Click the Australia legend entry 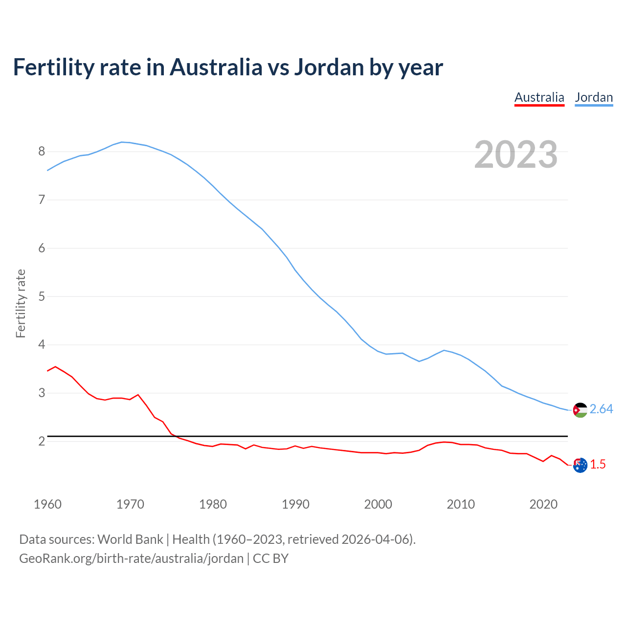[539, 97]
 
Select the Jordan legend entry [594, 97]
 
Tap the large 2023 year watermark [515, 155]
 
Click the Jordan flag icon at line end [580, 410]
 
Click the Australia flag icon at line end [580, 465]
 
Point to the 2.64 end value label [601, 409]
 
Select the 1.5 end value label [598, 464]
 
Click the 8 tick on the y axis [42, 151]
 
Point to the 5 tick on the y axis [42, 296]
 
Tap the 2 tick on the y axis [42, 441]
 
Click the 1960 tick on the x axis [47, 504]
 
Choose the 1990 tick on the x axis [295, 504]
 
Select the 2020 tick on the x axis [543, 504]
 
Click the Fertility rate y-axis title [21, 303]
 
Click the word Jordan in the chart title [329, 67]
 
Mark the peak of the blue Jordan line [122, 142]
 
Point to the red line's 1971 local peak [138, 394]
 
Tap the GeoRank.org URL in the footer [131, 558]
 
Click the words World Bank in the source [130, 539]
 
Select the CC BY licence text [270, 558]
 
